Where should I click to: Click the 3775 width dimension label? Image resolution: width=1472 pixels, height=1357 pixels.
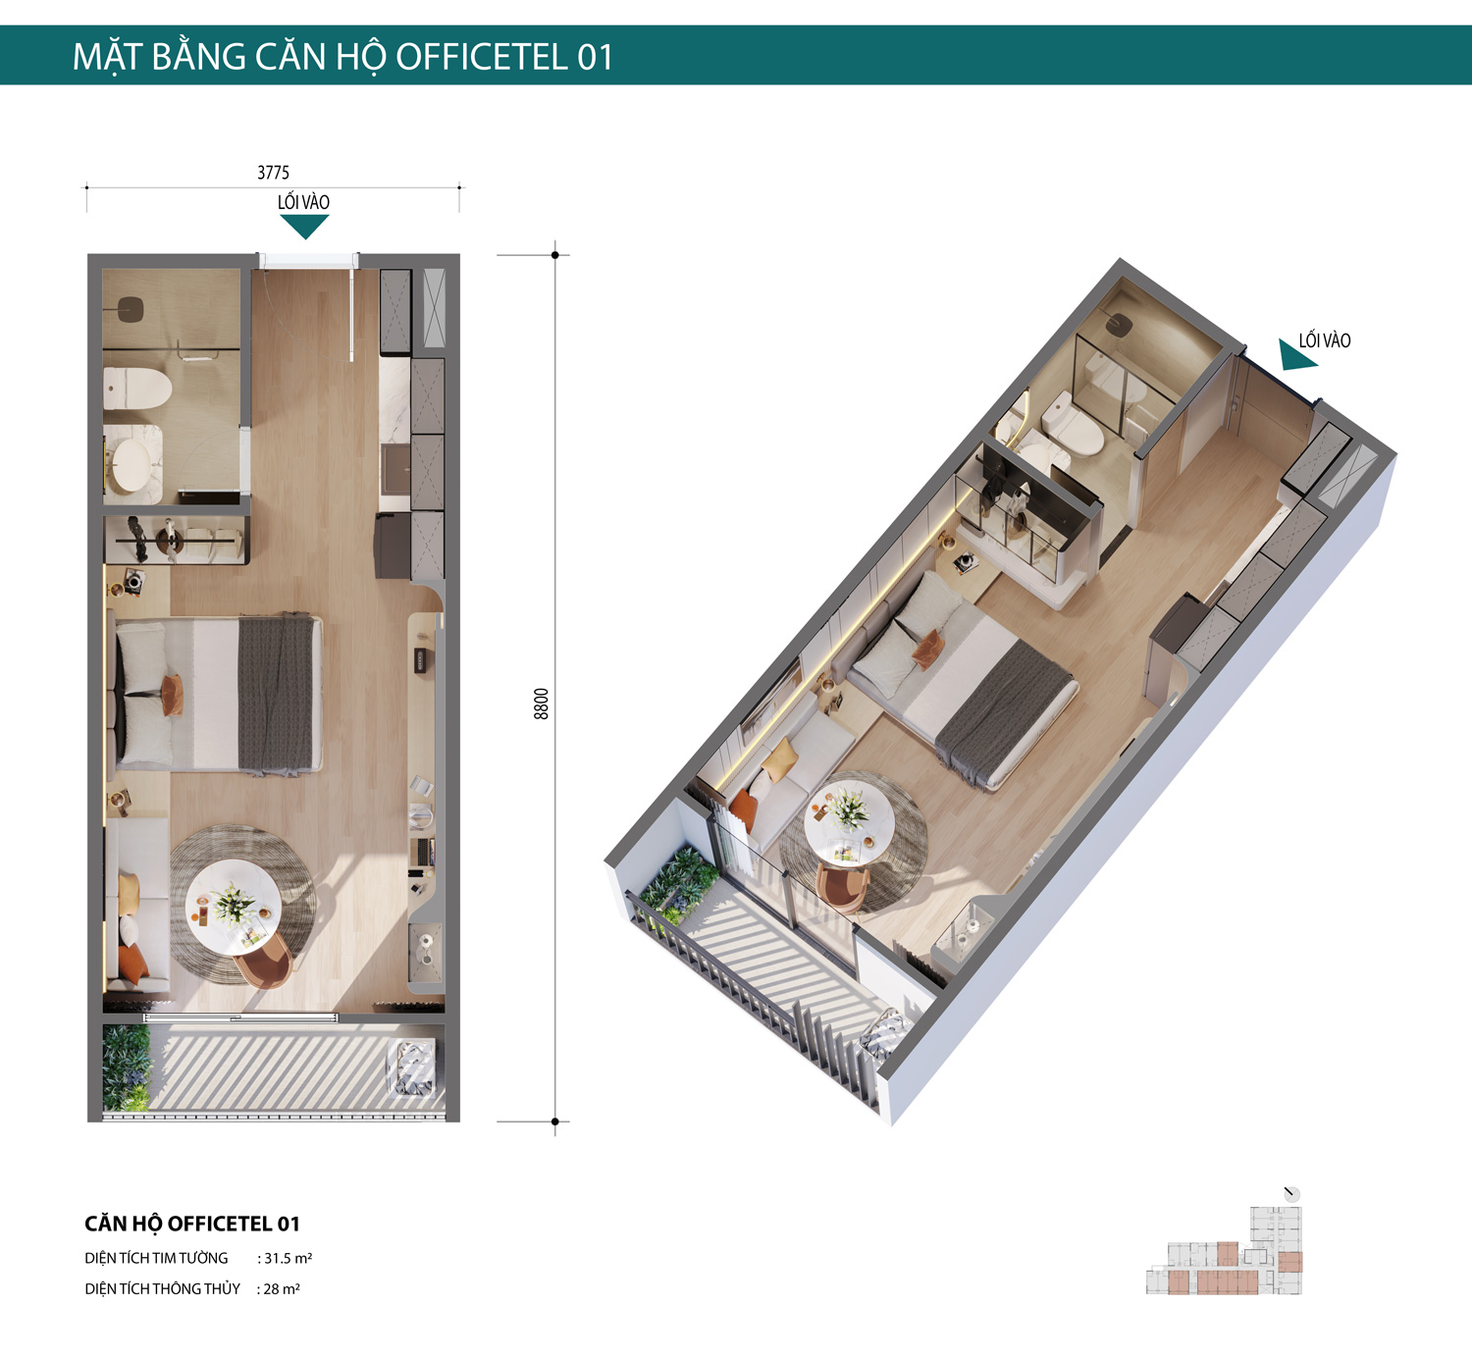point(273,173)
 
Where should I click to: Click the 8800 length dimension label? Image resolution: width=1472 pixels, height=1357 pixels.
point(542,704)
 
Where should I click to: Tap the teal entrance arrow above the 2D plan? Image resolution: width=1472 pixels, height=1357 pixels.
point(304,227)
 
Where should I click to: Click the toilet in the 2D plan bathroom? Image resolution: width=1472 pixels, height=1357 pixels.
point(137,389)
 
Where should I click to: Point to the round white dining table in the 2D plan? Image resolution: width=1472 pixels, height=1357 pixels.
point(234,908)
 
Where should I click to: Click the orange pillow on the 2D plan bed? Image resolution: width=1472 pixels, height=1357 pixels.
point(172,695)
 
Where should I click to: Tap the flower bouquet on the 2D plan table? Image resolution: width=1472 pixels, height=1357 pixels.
point(234,904)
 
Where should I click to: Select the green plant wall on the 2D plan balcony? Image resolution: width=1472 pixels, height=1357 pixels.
point(127,1068)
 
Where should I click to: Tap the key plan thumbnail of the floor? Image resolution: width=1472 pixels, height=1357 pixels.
point(1225,1251)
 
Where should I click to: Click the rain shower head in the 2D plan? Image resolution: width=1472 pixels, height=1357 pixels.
point(130,307)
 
